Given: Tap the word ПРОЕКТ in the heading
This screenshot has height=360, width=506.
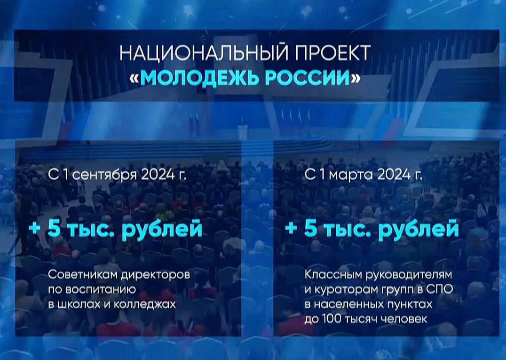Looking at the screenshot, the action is (x=333, y=53).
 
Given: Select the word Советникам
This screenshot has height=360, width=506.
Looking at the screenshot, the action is (x=83, y=275).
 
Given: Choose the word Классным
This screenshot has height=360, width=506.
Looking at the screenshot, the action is (x=334, y=275).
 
